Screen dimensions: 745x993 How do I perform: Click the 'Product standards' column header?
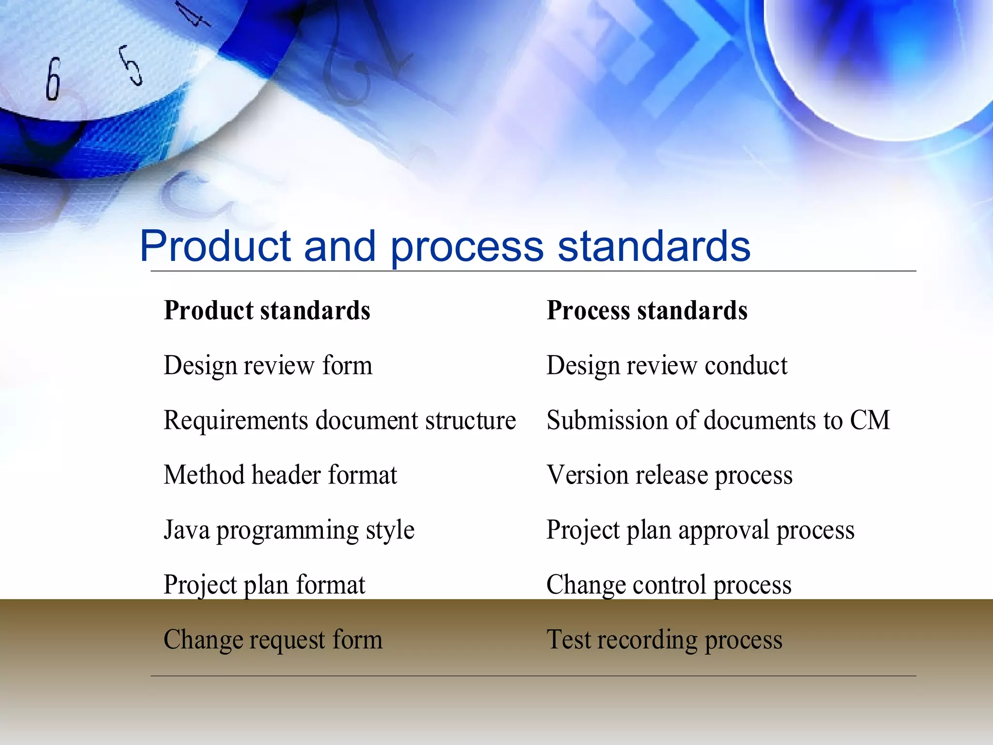click(267, 310)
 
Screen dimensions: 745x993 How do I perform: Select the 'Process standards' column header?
click(647, 310)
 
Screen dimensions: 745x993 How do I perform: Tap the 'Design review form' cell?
click(268, 365)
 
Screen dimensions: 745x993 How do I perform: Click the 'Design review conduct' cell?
click(667, 365)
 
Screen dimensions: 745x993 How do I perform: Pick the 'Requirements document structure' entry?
click(339, 420)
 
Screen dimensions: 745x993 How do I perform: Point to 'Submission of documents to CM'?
click(718, 420)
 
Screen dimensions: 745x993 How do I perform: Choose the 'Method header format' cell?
click(280, 475)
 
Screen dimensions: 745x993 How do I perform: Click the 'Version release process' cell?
click(670, 475)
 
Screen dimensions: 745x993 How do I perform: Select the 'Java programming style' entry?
click(289, 530)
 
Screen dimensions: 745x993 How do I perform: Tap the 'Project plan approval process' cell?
click(700, 530)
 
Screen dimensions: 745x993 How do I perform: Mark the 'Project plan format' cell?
click(264, 584)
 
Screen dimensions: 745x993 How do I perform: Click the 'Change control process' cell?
click(669, 584)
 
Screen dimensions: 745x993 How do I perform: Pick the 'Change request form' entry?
click(273, 639)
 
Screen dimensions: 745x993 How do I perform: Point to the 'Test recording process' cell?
click(664, 639)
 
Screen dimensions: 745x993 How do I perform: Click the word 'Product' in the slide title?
click(215, 246)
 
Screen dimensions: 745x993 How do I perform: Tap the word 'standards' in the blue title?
click(654, 246)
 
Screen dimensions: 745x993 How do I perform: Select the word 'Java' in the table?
click(187, 530)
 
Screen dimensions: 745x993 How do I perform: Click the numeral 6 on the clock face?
click(53, 79)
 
